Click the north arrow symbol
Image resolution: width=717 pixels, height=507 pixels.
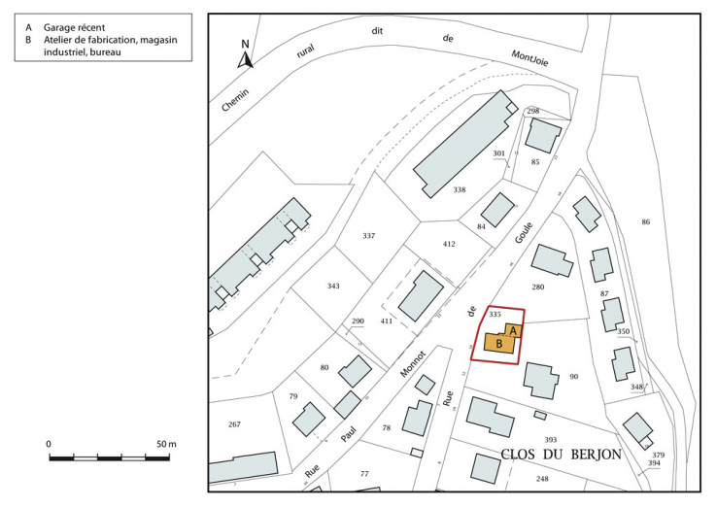(x=247, y=55)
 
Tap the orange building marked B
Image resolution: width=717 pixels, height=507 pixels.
(x=499, y=344)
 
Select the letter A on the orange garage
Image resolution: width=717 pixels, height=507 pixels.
(x=514, y=330)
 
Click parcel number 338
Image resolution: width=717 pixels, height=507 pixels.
(x=460, y=189)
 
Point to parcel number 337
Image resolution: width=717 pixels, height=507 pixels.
(x=368, y=236)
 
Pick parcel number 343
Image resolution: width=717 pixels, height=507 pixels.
(x=333, y=286)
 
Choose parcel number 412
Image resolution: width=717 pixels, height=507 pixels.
(x=449, y=244)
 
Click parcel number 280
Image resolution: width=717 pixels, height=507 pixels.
(x=538, y=287)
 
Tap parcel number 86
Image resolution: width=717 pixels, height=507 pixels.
(x=645, y=223)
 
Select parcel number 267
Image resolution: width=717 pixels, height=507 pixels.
(x=233, y=424)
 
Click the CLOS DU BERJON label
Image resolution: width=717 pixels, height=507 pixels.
(x=561, y=456)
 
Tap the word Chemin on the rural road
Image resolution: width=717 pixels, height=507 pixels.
(x=235, y=98)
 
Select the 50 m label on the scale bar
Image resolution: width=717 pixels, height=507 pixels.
(x=165, y=444)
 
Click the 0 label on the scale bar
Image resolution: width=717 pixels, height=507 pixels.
(x=49, y=444)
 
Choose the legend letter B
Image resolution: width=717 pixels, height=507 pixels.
(x=29, y=40)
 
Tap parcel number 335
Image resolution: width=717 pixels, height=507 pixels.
(x=495, y=315)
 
